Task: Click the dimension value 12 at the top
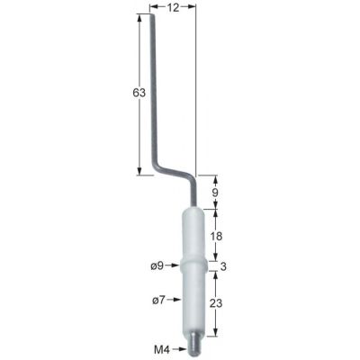(x=173, y=7)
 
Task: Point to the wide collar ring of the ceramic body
(x=193, y=265)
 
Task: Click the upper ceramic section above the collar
(x=194, y=236)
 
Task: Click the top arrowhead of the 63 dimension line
(x=140, y=19)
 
